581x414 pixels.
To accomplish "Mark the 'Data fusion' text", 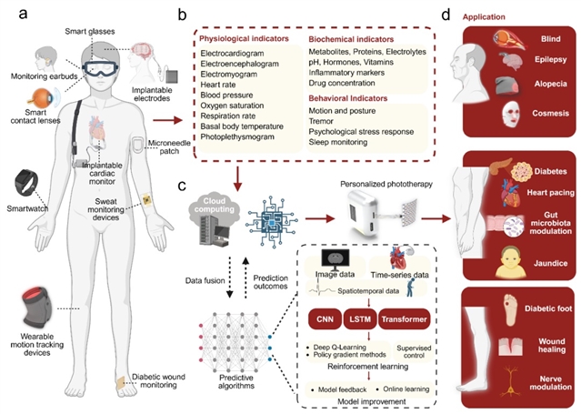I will [x=205, y=257].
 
